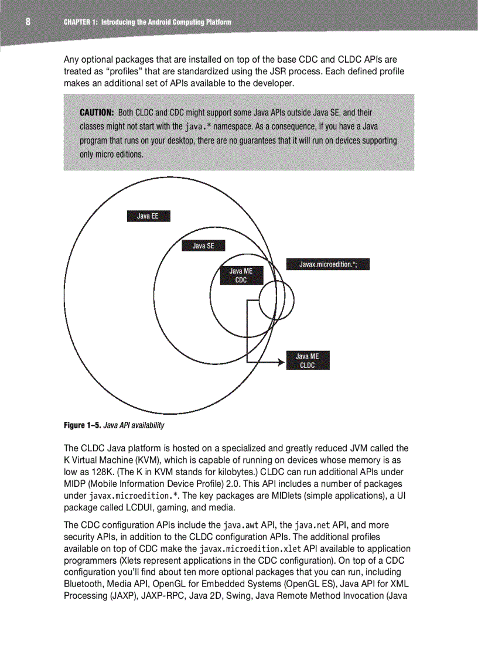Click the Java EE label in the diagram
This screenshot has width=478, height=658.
(148, 216)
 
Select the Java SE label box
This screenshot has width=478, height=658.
(203, 246)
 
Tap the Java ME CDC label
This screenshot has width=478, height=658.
(241, 275)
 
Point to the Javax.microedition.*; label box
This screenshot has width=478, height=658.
(327, 264)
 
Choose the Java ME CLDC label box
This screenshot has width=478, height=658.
(308, 360)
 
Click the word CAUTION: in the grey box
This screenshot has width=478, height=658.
(97, 112)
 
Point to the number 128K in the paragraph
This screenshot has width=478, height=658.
(94, 472)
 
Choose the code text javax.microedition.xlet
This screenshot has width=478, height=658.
(250, 549)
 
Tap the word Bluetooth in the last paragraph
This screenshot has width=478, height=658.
(82, 584)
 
